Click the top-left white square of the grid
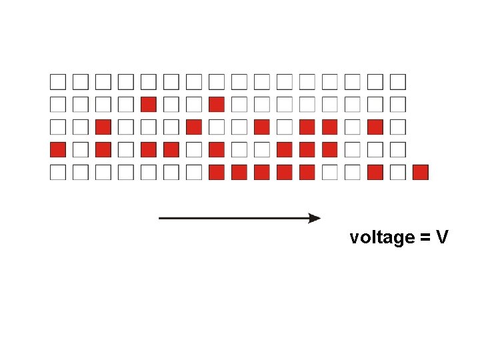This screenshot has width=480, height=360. [x=58, y=82]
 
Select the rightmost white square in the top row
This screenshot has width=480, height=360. [x=398, y=82]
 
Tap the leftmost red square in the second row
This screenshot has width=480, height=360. [x=149, y=105]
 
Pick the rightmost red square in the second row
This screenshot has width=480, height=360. [x=217, y=105]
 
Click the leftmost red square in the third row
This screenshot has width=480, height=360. [x=103, y=127]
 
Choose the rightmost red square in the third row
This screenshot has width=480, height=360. [x=375, y=127]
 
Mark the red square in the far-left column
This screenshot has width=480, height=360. [x=58, y=149]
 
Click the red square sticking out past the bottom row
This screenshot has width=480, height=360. [x=420, y=172]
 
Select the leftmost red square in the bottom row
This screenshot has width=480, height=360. [x=217, y=172]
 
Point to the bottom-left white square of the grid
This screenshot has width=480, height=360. [x=58, y=172]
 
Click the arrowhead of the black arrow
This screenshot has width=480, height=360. [x=315, y=218]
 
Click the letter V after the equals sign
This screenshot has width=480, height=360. [x=442, y=237]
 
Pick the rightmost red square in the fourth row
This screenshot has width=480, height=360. [x=330, y=149]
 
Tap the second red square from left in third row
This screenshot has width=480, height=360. [x=194, y=127]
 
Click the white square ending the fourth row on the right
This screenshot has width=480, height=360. [x=398, y=149]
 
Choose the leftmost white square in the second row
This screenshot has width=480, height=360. [x=58, y=105]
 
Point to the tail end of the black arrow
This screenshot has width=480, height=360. [x=161, y=218]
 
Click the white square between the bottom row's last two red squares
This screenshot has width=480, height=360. [x=398, y=172]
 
